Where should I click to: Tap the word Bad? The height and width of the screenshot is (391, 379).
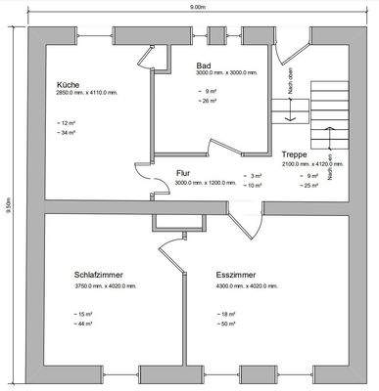[205, 64]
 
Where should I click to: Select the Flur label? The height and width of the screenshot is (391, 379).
[183, 172]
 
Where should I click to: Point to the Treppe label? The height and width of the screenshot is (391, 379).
[296, 155]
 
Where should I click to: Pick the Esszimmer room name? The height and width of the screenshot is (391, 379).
[236, 275]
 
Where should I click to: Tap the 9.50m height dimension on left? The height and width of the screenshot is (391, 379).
[8, 209]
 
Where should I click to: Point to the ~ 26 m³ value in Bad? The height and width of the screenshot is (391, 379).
[207, 100]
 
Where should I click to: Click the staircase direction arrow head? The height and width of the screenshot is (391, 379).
[289, 119]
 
